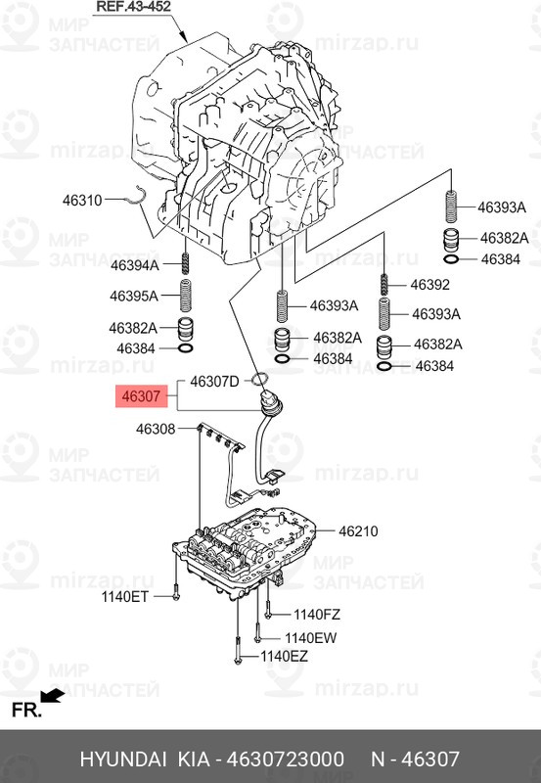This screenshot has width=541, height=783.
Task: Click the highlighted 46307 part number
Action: [x=141, y=396]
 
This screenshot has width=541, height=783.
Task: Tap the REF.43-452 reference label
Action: [x=133, y=7]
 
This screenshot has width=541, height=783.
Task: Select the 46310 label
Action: [x=82, y=201]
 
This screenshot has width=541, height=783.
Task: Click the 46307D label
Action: [x=214, y=382]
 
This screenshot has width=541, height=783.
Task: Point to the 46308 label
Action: [x=156, y=429]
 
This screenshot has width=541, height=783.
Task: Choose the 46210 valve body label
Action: [x=358, y=531]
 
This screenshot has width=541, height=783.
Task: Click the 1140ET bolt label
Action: [x=125, y=596]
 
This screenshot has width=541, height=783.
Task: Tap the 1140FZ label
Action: [x=317, y=615]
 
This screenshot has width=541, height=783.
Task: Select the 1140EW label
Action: [x=311, y=638]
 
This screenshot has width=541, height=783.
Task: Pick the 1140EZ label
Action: [x=284, y=656]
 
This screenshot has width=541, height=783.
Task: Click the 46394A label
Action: [x=135, y=265]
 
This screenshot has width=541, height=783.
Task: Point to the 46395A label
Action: [x=134, y=297]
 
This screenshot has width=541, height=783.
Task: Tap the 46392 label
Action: [x=430, y=284]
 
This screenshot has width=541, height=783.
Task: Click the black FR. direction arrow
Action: [x=53, y=696]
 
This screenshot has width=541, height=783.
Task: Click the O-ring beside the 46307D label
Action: [x=258, y=380]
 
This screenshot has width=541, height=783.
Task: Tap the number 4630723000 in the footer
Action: [x=286, y=760]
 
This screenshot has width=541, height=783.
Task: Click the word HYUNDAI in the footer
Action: [x=123, y=760]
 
